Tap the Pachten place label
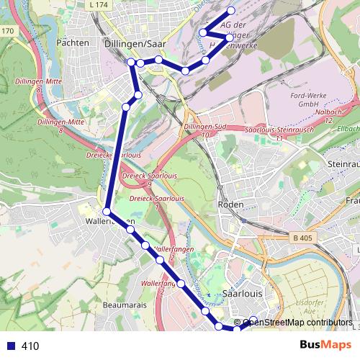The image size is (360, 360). tap(72, 43)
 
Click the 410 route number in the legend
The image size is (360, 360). tap(30, 346)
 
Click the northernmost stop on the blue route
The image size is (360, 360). tap(231, 10)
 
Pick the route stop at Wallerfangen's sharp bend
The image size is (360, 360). tap(107, 212)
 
